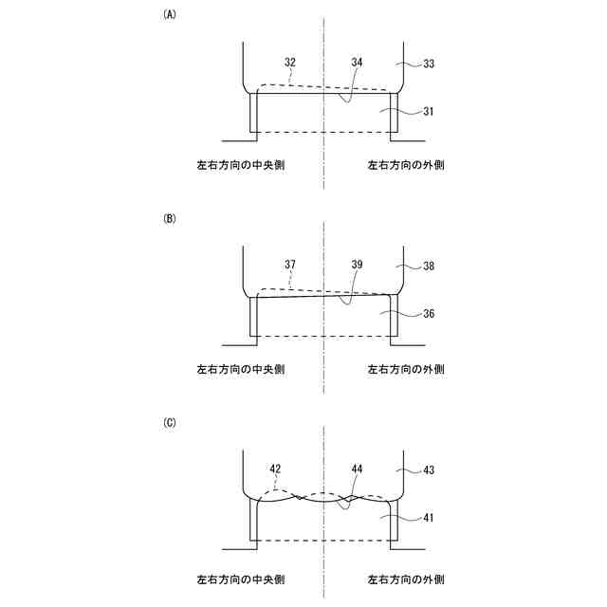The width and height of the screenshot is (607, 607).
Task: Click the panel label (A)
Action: (x=170, y=14)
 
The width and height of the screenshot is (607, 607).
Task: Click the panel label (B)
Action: (x=170, y=218)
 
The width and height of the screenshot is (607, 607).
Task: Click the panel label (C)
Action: (x=170, y=422)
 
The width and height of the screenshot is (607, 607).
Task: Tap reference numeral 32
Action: (x=289, y=62)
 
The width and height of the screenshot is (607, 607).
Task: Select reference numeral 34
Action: (x=357, y=62)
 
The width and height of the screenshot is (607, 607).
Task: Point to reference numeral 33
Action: (x=429, y=64)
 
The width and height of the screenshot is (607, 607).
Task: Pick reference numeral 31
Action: (x=429, y=111)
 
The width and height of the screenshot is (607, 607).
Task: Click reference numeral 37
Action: (x=289, y=266)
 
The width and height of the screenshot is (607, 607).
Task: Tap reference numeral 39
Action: (x=357, y=266)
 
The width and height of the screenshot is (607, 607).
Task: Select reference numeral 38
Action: (x=429, y=267)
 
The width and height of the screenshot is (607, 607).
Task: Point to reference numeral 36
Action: (x=429, y=314)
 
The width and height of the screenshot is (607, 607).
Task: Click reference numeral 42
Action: (x=275, y=469)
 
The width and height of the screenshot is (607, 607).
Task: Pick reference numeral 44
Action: (x=357, y=469)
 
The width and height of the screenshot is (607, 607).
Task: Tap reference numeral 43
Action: (x=429, y=470)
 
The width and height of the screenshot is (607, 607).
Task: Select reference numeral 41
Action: (x=429, y=518)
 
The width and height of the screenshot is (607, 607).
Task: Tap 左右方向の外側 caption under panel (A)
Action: (x=407, y=165)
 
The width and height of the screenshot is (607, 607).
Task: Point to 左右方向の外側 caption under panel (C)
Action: (x=407, y=578)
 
